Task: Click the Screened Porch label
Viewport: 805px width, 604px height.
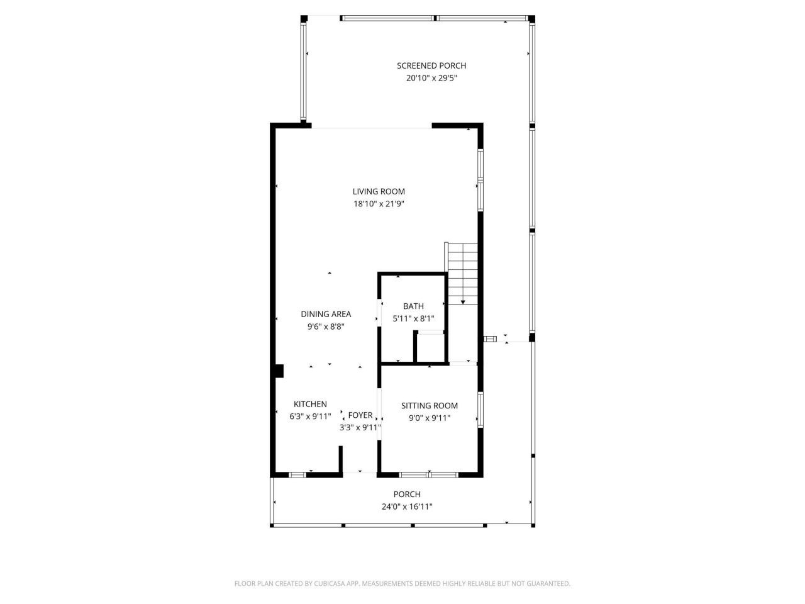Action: (431, 65)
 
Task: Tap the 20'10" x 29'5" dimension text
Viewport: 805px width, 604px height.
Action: (431, 79)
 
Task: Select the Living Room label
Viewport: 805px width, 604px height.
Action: (379, 191)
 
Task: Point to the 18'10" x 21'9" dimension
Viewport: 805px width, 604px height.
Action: (379, 204)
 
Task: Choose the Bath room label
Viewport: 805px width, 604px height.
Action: (413, 306)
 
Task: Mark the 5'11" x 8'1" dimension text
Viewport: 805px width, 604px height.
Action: (413, 318)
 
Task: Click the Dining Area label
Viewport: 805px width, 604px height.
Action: (326, 314)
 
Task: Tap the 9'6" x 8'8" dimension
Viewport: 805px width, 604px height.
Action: (326, 327)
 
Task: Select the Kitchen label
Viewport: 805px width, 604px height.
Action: (310, 404)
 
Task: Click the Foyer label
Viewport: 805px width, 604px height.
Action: (360, 415)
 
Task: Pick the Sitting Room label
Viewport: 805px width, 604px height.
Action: (430, 406)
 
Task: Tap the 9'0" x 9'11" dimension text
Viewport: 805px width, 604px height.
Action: (430, 418)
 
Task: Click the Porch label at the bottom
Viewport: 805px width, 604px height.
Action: (407, 495)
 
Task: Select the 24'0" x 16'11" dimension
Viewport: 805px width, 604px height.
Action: (407, 506)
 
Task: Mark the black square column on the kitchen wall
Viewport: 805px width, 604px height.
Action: (279, 372)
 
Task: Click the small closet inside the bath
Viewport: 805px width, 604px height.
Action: (431, 348)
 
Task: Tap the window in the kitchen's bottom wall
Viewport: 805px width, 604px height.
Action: (297, 474)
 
